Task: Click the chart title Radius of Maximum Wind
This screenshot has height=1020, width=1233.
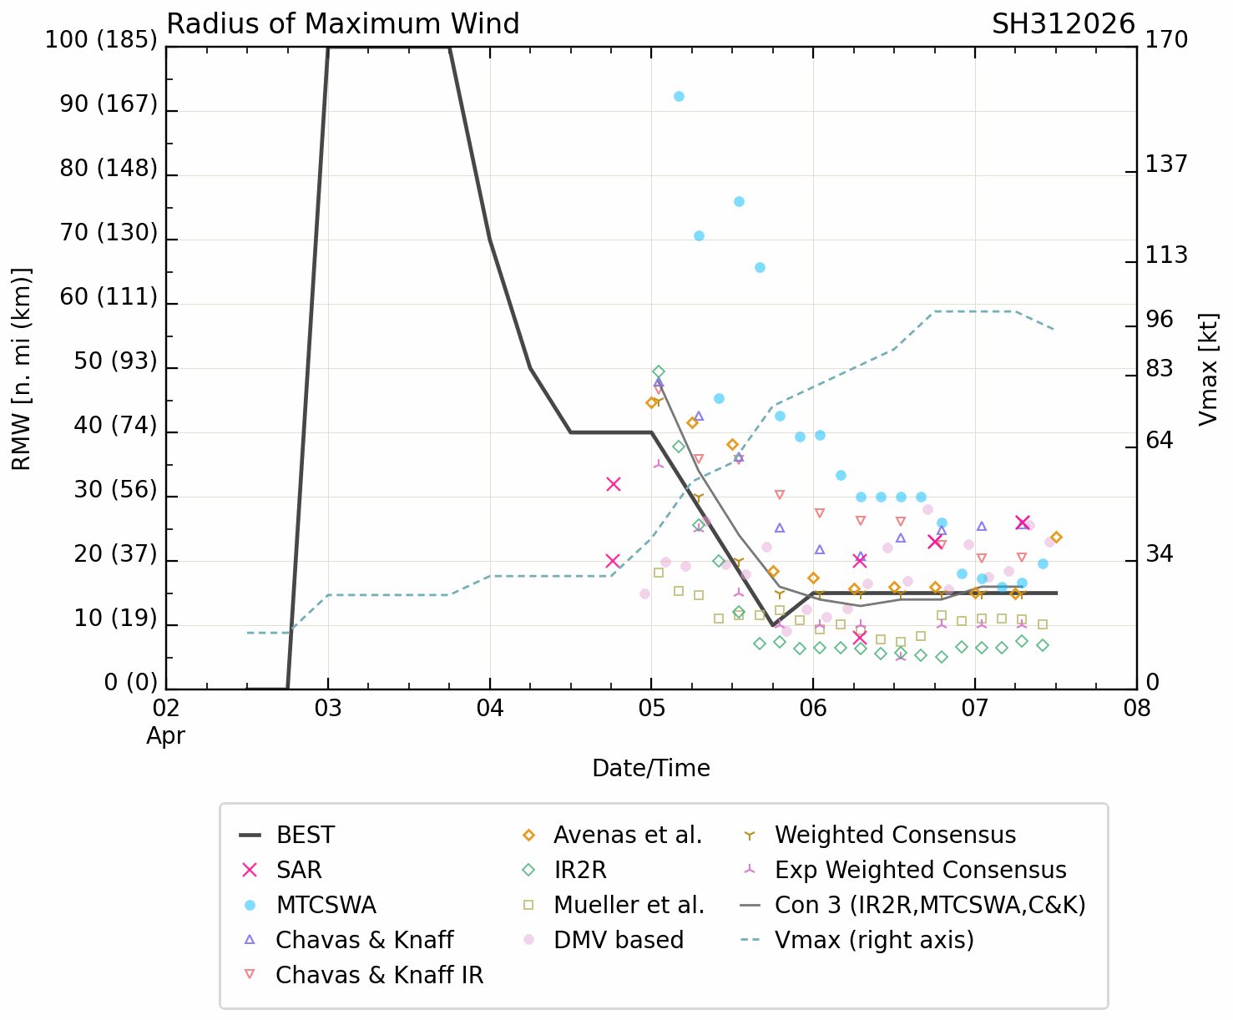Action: coord(343,24)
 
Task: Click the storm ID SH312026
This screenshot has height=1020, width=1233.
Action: coord(1063,24)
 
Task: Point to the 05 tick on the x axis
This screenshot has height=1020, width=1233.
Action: coord(651,709)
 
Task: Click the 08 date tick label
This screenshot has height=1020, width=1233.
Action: coord(1136,709)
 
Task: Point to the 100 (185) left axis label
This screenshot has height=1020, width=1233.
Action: coord(101,40)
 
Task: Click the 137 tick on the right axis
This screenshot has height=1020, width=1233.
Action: coord(1165,164)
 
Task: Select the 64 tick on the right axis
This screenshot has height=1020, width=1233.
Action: coord(1159,440)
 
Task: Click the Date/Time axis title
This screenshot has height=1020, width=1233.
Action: coord(651,768)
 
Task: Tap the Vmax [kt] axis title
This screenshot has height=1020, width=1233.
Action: coord(1208,369)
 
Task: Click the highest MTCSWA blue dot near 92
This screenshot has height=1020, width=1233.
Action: coord(679,96)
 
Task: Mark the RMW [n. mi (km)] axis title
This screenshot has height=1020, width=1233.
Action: coord(22,369)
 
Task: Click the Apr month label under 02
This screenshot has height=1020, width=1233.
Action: coord(165,735)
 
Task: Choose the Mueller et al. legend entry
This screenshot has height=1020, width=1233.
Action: coord(629,905)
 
